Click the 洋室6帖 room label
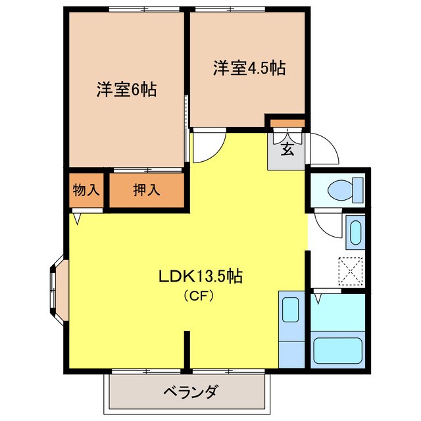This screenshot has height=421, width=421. (x=126, y=89)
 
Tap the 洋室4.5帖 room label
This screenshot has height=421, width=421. (x=249, y=68)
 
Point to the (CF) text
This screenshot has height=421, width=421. (x=199, y=295)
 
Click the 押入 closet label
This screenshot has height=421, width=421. (x=146, y=191)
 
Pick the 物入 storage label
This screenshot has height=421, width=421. (x=86, y=191)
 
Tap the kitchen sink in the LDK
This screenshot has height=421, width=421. (x=290, y=309)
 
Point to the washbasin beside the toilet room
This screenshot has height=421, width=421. (x=355, y=232)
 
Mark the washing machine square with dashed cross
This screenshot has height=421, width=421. (x=351, y=270)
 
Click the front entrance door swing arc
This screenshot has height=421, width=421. (x=325, y=148)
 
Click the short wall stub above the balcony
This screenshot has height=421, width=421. (x=187, y=349)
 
